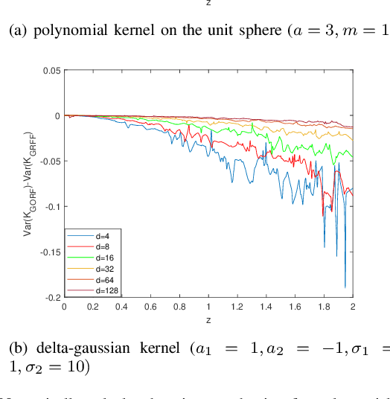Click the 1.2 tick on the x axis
(237, 306)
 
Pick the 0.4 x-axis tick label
(121, 306)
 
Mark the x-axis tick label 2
(353, 306)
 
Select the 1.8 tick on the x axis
(324, 306)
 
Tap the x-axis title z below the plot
(208, 318)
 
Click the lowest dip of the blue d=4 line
(345, 287)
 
